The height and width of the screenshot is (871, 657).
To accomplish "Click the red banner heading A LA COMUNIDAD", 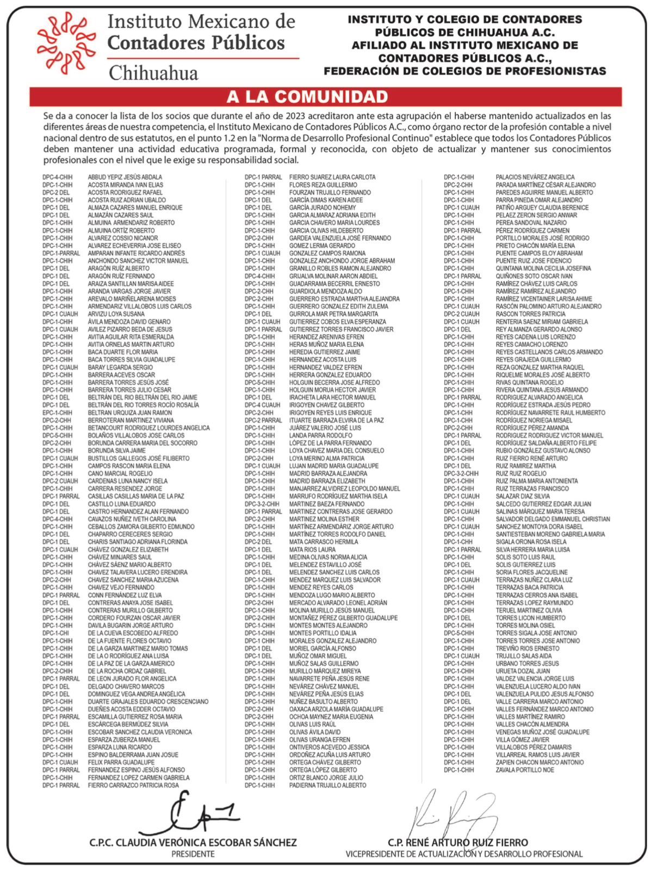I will tap(307, 97).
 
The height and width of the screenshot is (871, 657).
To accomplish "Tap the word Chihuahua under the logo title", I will tap(154, 72).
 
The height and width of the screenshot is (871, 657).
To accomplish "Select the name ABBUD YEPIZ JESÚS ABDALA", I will tap(125, 177).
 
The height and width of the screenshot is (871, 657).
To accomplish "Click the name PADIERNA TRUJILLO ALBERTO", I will tap(327, 785).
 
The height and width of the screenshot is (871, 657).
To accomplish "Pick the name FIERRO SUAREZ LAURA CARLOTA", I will tap(332, 177).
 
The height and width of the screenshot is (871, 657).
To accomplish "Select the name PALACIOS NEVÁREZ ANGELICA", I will tap(535, 177).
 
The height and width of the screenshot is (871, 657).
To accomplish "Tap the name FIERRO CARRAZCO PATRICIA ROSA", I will tap(133, 785).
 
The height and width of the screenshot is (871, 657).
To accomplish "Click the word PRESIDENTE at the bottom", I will tap(193, 854).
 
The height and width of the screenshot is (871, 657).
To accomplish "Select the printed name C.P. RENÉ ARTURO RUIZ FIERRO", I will tap(458, 842).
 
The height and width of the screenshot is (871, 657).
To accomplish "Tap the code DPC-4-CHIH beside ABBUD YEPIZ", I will tap(57, 177).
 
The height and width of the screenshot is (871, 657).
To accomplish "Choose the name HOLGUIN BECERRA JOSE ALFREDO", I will tap(334, 382).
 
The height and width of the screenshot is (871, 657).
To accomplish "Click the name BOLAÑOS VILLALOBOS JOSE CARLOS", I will tap(136, 436).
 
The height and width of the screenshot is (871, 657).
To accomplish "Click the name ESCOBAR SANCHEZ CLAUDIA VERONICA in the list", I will tap(140, 732).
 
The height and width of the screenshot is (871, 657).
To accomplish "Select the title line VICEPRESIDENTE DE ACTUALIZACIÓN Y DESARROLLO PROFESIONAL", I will tap(463, 854).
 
